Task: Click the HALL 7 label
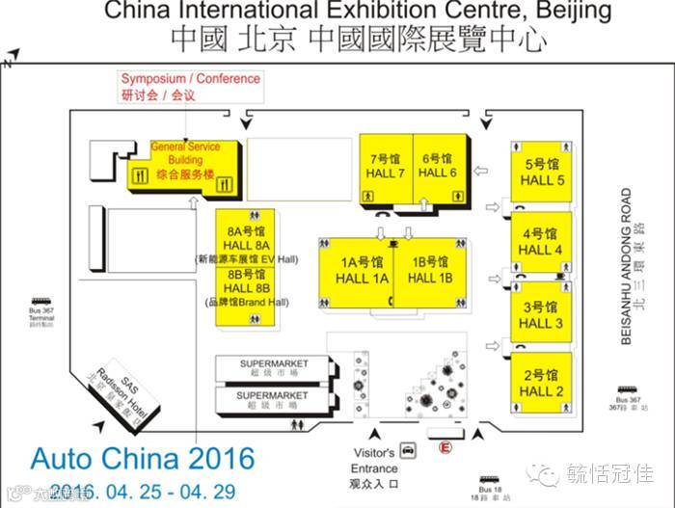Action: (386, 174)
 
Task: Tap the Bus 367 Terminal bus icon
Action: (40, 302)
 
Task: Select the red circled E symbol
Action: (445, 446)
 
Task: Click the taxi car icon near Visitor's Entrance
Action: (408, 449)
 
